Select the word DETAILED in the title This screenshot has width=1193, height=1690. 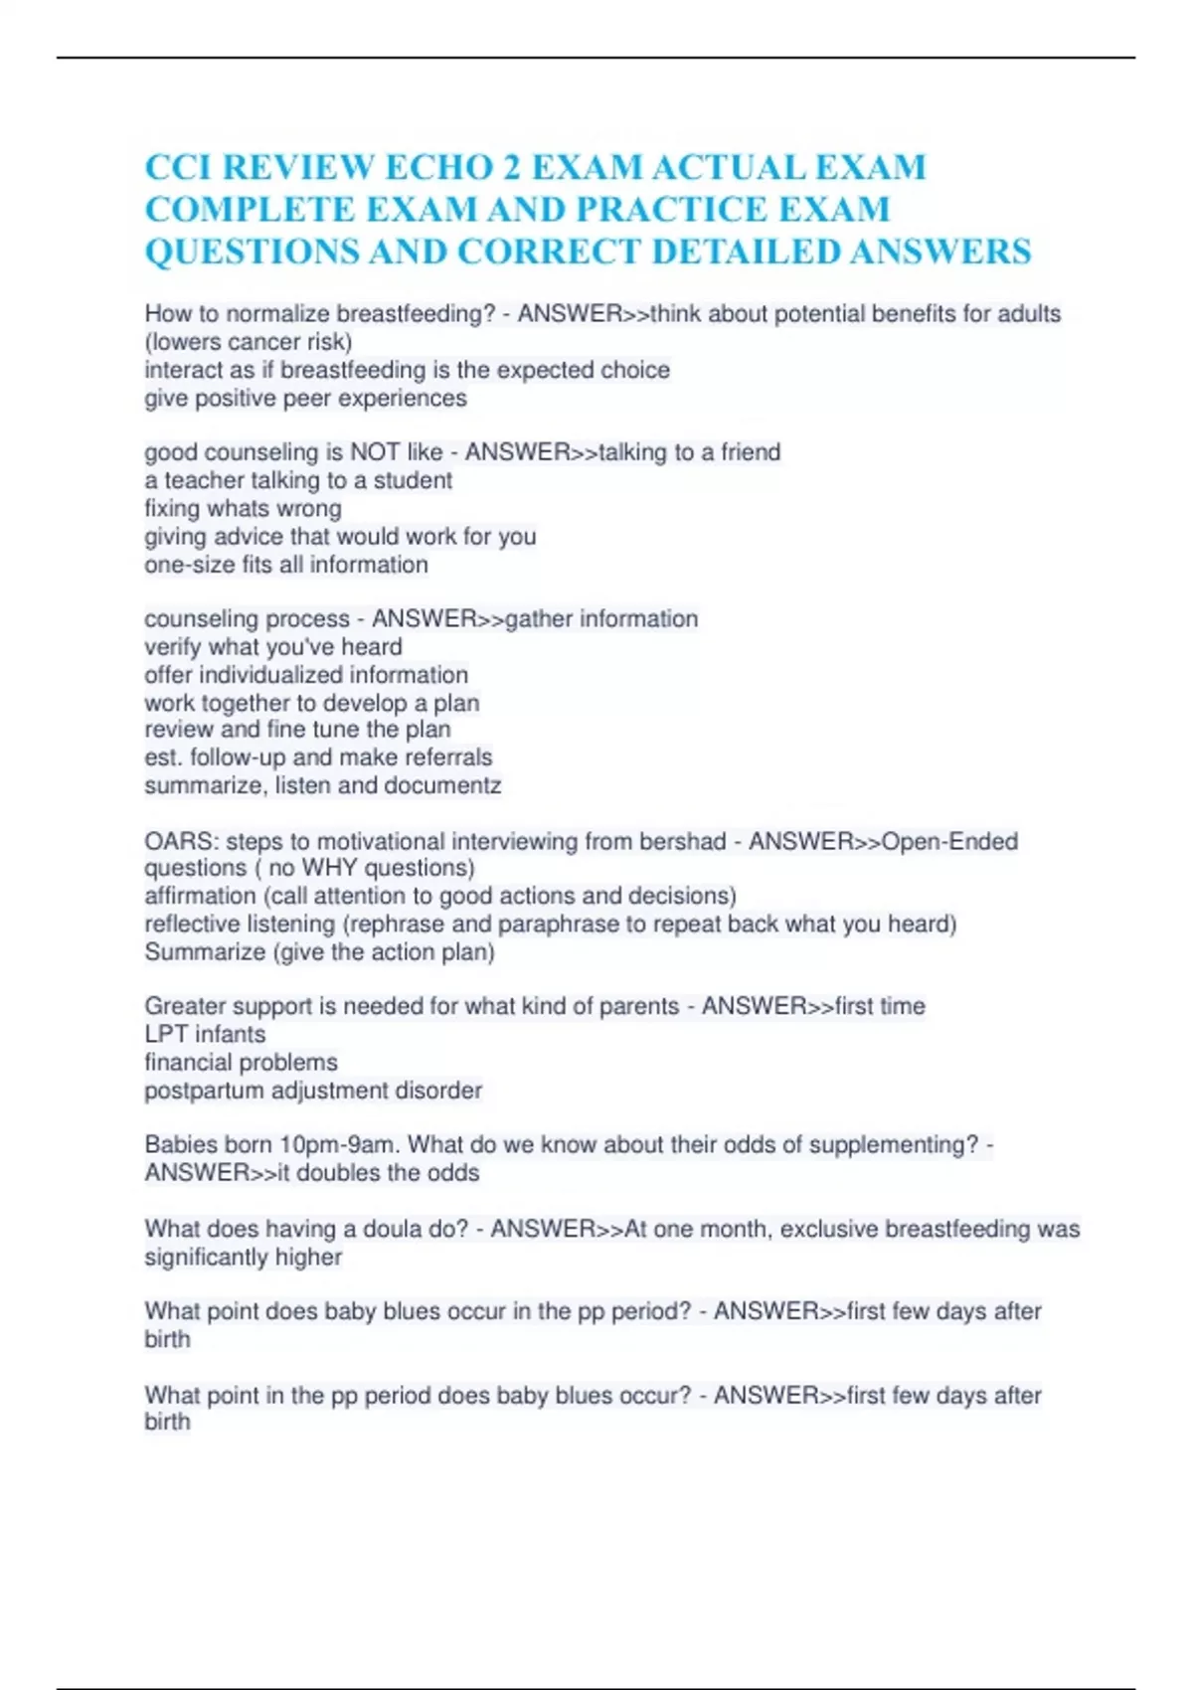[745, 252]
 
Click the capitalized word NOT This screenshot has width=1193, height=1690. [374, 452]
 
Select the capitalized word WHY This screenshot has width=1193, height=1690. [328, 868]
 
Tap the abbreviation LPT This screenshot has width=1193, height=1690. [166, 1035]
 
